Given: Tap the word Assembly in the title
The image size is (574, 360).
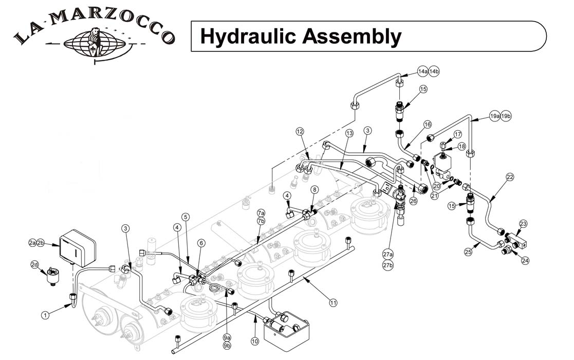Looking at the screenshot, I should point(353,37).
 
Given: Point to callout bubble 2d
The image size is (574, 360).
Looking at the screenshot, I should point(35,264).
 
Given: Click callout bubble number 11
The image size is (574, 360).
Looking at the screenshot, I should point(333,303).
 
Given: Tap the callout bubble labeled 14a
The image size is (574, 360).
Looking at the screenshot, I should point(423,71).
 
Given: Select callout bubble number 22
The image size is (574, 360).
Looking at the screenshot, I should point(509,177).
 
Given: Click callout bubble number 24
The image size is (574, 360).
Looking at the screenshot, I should point(525,261).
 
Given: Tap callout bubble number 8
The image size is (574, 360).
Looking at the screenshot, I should point(314,190).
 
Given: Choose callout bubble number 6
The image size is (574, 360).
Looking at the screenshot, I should point(201,242).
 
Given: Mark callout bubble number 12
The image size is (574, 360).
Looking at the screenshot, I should point(300,131).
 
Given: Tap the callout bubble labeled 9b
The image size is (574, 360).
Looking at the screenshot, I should point(227,346).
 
